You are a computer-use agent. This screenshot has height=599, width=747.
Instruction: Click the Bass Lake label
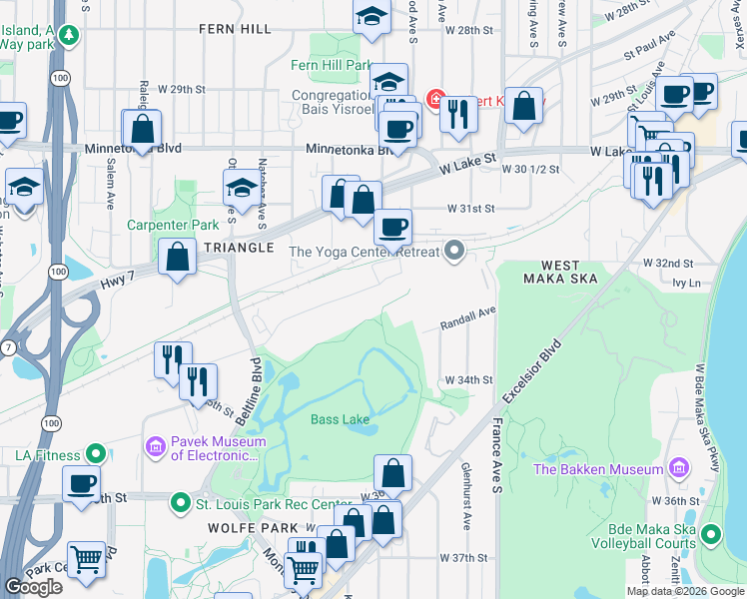(341, 419)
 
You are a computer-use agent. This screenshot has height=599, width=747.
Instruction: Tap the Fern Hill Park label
(331, 65)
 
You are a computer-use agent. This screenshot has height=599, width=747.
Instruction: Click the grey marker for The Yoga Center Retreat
(455, 251)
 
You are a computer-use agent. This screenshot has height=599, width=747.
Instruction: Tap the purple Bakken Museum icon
(679, 468)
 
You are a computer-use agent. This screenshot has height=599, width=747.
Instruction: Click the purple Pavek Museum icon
(156, 445)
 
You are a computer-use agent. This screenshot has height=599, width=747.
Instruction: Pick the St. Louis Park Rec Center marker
(180, 502)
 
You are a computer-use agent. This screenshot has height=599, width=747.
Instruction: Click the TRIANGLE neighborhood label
(240, 247)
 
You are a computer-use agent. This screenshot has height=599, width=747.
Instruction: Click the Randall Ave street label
(468, 318)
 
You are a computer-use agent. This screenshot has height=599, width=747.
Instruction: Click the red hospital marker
(436, 99)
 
